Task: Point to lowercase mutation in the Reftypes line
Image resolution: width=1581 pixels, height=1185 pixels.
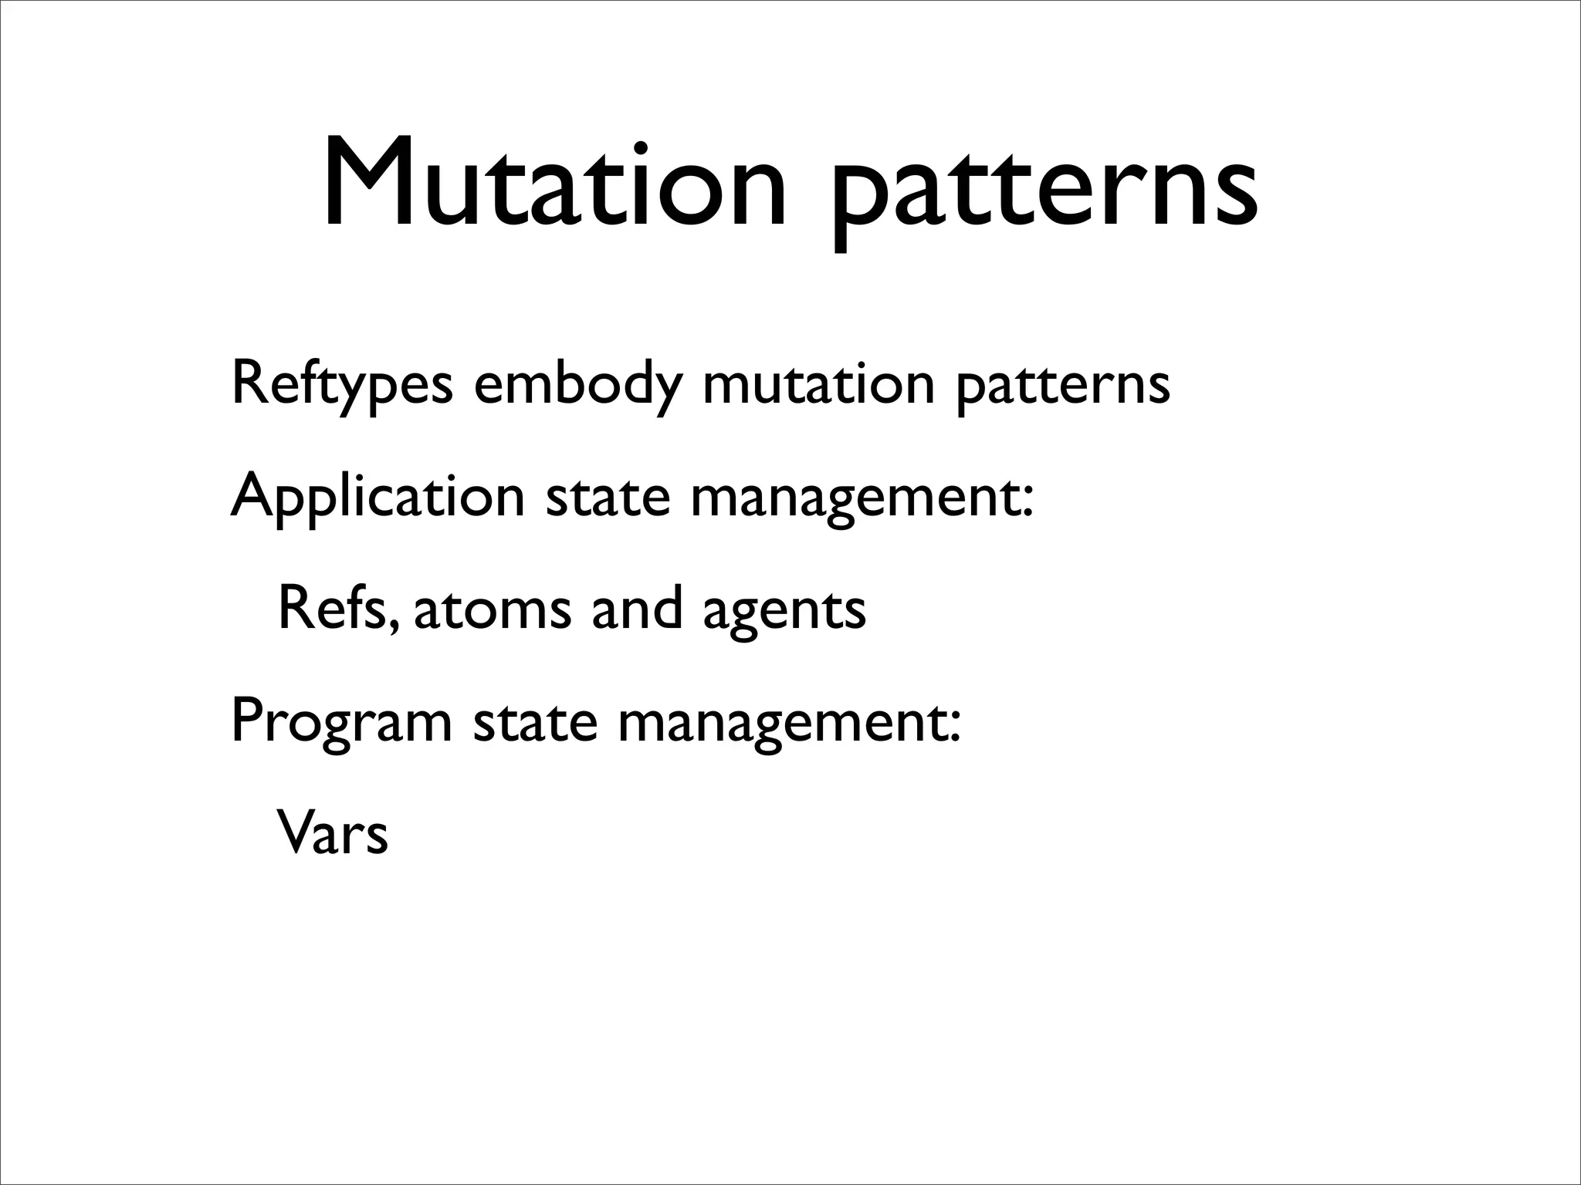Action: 818,383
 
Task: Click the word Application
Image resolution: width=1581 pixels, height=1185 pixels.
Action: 377,498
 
